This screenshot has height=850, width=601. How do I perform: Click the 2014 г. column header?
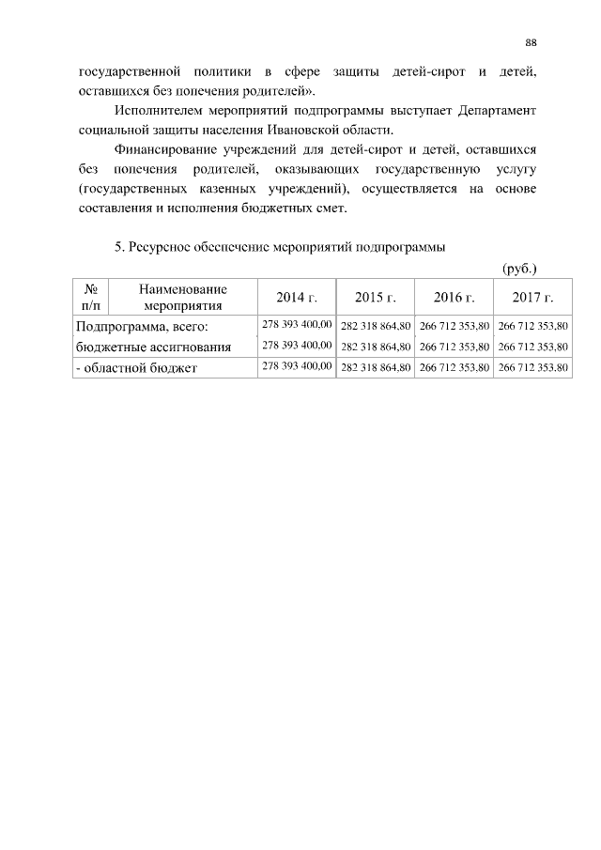point(297,298)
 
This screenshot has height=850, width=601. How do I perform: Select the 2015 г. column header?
point(376,298)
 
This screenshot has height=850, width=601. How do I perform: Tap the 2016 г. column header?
point(455,298)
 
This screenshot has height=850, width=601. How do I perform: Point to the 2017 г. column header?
point(532,298)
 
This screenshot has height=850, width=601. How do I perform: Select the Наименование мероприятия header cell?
point(183,297)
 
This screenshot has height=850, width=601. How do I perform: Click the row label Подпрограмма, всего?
point(141,327)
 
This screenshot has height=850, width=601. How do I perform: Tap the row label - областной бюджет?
point(135,368)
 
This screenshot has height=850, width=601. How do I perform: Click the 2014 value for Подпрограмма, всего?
point(297,325)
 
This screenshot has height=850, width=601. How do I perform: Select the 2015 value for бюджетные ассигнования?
point(376,347)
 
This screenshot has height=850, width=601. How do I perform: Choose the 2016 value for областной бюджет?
point(455,368)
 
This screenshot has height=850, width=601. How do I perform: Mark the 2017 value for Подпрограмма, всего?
point(532,326)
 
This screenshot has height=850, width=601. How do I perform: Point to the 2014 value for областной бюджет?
point(297,366)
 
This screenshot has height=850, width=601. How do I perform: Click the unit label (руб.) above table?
point(519,268)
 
